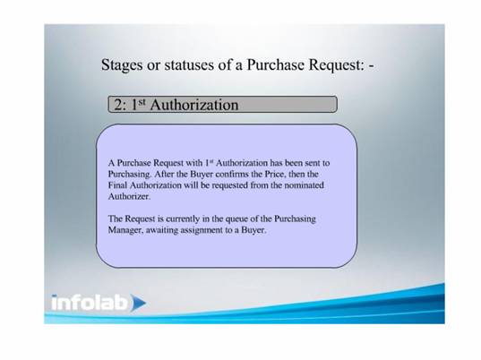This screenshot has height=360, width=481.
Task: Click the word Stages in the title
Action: tap(122, 65)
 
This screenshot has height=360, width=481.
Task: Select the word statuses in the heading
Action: tap(189, 65)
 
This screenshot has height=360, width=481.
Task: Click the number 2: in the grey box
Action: tap(120, 105)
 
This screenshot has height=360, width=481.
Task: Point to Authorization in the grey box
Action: tap(194, 105)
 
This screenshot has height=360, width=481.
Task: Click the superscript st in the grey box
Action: tap(142, 102)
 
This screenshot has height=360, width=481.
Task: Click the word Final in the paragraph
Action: tap(117, 185)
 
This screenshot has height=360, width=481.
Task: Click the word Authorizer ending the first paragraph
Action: tap(129, 196)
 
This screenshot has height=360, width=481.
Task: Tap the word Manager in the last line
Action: tap(125, 230)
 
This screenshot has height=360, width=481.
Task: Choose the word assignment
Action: tap(202, 230)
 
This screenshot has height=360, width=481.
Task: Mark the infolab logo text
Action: tap(90, 303)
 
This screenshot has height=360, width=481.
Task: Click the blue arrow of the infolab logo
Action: tap(138, 303)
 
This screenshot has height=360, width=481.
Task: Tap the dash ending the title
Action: tap(372, 66)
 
